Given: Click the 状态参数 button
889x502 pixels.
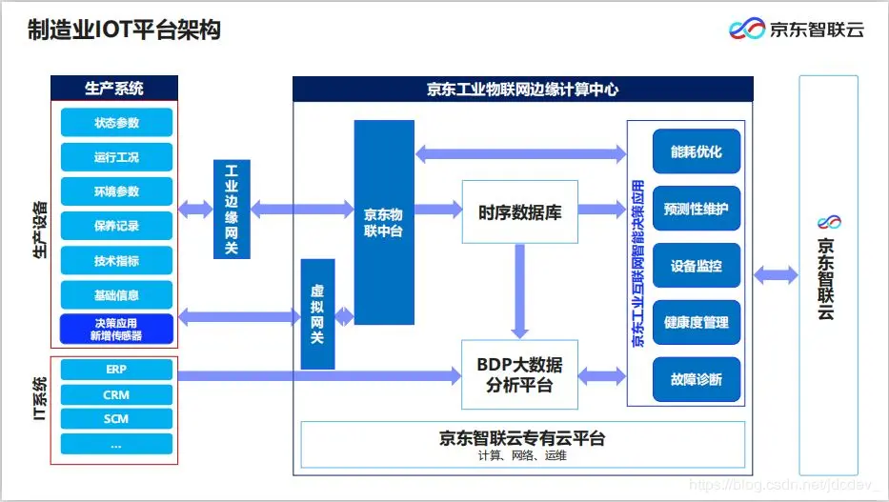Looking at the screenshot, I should [x=116, y=123].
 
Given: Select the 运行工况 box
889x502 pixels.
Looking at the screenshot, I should [x=116, y=157].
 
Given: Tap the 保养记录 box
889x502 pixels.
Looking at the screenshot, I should [x=116, y=226].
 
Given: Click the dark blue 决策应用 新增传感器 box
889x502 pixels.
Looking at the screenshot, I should [x=116, y=329].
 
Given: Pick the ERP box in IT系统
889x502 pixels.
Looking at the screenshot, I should [x=116, y=370].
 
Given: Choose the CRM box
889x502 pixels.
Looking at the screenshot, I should [x=116, y=394].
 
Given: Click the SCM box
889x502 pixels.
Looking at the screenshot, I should [x=116, y=419].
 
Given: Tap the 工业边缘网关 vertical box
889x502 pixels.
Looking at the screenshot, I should [x=231, y=210].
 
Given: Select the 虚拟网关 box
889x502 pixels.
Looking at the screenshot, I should [x=317, y=314].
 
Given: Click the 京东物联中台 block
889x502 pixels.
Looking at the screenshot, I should [x=384, y=222].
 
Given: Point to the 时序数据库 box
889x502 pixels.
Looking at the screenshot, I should [x=519, y=212].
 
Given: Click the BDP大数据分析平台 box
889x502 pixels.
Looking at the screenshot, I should [x=519, y=376].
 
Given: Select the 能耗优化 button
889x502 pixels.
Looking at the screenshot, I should [x=696, y=151].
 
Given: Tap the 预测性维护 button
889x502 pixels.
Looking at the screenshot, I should [x=696, y=209].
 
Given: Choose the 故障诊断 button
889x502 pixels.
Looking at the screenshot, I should [x=696, y=379].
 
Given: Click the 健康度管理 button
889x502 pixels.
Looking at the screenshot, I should [x=696, y=322].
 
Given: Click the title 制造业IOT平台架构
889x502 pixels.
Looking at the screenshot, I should [x=124, y=30].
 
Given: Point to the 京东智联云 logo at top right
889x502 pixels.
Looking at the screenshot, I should [x=796, y=29].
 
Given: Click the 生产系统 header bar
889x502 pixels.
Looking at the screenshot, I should [x=114, y=89].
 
